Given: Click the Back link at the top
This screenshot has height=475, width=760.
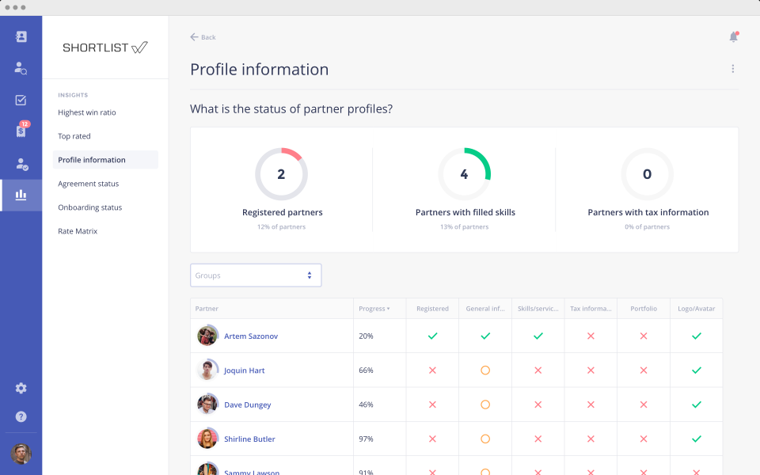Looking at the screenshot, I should [x=203, y=37].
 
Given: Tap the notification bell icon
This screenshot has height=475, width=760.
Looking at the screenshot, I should [x=733, y=37].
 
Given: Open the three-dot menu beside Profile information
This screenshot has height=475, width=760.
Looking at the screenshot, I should [x=732, y=69].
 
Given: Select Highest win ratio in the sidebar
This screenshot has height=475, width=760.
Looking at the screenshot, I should [x=87, y=112].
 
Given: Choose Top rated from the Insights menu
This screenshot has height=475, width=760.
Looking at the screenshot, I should [x=74, y=136].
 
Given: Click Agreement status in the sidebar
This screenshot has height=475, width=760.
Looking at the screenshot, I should [x=88, y=184].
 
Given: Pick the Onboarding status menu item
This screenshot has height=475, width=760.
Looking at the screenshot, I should [x=89, y=207].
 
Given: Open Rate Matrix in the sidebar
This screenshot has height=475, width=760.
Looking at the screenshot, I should [x=78, y=231].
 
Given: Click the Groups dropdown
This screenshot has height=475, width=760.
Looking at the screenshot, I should [x=256, y=275].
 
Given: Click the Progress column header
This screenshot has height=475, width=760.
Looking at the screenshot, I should [x=374, y=309].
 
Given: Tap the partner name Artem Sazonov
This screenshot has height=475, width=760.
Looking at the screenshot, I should [x=251, y=336].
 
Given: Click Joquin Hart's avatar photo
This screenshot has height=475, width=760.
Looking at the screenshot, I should [x=207, y=370].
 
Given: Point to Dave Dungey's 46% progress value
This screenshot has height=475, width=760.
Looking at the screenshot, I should [x=367, y=405].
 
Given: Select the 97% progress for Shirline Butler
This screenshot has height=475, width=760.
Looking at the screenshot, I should [x=367, y=439].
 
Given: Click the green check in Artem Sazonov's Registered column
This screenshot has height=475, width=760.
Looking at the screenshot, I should [x=432, y=336].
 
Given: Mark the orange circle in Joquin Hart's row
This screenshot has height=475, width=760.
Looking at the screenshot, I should [x=485, y=370].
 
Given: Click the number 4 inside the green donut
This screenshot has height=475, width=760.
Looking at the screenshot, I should [x=464, y=174].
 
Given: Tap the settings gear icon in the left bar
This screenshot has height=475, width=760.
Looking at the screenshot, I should [x=21, y=388].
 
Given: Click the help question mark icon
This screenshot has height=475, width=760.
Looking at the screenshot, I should [x=21, y=416].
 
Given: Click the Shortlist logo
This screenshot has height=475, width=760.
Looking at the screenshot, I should [x=105, y=47].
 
